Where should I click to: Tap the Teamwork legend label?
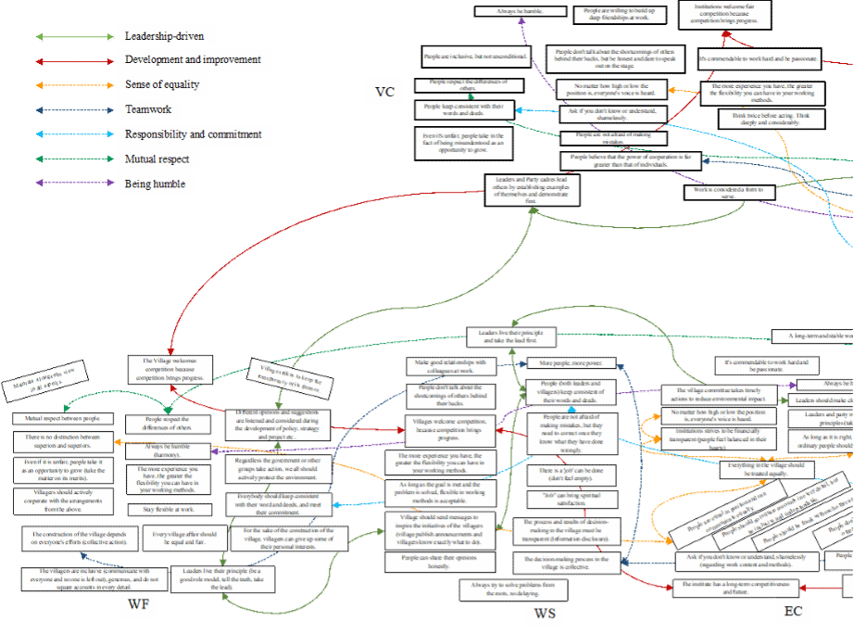[150, 110]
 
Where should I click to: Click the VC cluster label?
[384, 92]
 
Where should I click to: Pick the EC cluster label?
[793, 610]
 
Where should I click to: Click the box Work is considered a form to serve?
[723, 192]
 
